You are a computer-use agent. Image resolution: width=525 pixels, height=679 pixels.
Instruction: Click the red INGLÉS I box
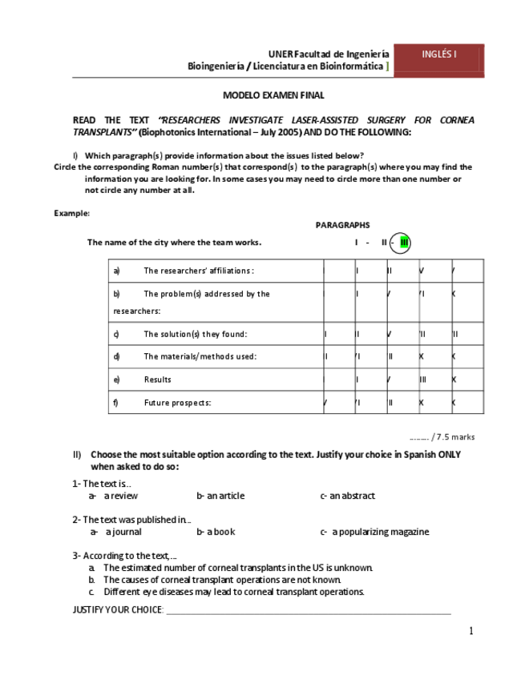(438, 56)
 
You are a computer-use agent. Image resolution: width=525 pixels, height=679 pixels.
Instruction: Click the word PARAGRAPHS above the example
(342, 226)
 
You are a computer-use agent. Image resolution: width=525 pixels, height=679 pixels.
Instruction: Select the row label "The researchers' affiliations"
(198, 271)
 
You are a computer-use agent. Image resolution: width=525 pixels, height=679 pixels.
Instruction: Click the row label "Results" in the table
(157, 380)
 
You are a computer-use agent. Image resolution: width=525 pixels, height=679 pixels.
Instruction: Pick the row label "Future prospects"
(177, 403)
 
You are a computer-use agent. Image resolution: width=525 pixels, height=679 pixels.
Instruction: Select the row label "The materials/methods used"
(200, 356)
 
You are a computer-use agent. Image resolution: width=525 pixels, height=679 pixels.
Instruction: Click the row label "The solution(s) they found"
(195, 334)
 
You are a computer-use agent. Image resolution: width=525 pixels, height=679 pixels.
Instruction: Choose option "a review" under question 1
(120, 496)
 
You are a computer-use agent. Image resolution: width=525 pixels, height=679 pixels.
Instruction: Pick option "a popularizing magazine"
(380, 532)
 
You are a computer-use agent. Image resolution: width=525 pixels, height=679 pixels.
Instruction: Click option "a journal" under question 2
(123, 532)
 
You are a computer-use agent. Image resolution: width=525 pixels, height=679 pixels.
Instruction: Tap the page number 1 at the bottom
(471, 631)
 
